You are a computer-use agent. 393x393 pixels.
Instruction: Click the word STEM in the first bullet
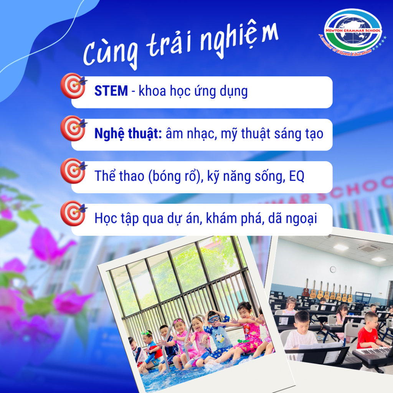tap(111, 91)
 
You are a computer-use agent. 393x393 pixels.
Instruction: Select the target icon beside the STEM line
tap(74, 86)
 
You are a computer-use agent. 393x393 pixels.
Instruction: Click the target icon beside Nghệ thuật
tap(74, 128)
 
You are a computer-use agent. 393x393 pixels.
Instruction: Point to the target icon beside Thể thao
tap(74, 171)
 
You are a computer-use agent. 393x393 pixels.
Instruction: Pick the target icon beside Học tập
tap(74, 213)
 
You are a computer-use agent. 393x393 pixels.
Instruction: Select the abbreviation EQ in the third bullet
tap(297, 176)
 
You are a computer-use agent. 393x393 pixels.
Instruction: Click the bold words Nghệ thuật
tap(128, 134)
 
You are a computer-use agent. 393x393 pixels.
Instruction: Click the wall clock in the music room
tap(333, 269)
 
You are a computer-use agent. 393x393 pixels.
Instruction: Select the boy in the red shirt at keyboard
tap(368, 331)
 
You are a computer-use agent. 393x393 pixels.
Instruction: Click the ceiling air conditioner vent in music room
tap(369, 248)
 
